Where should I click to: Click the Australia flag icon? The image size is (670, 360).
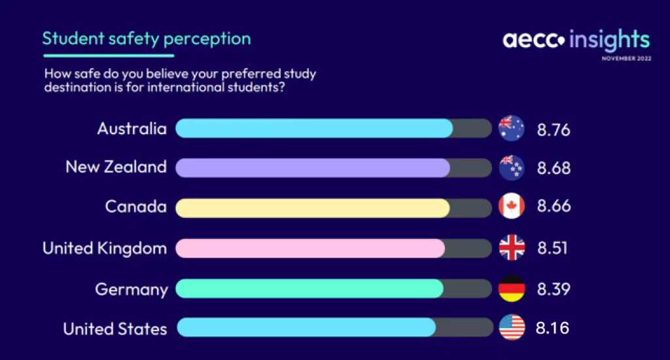tap(512, 128)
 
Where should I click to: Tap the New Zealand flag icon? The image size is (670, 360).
tap(512, 167)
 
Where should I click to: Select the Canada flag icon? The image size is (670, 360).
tap(512, 206)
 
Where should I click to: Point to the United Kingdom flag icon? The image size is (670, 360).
tap(512, 247)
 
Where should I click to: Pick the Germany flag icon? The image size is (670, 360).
tap(512, 289)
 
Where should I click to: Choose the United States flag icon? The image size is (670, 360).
tap(512, 327)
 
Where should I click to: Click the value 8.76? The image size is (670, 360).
tap(554, 130)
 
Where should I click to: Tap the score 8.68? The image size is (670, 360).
tap(554, 168)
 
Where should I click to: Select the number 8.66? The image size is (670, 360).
tap(554, 206)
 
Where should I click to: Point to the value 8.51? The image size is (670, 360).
tap(552, 248)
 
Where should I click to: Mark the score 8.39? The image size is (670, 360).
tap(554, 289)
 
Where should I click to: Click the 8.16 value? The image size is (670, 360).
tap(552, 329)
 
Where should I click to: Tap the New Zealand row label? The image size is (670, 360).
tap(116, 167)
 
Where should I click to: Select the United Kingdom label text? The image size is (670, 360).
tap(105, 249)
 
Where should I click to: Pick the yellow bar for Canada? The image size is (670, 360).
tap(313, 208)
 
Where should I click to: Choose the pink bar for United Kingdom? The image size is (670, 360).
tap(310, 249)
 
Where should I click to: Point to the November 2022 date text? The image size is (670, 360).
tap(626, 58)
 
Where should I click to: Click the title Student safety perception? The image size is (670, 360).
tap(147, 39)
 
